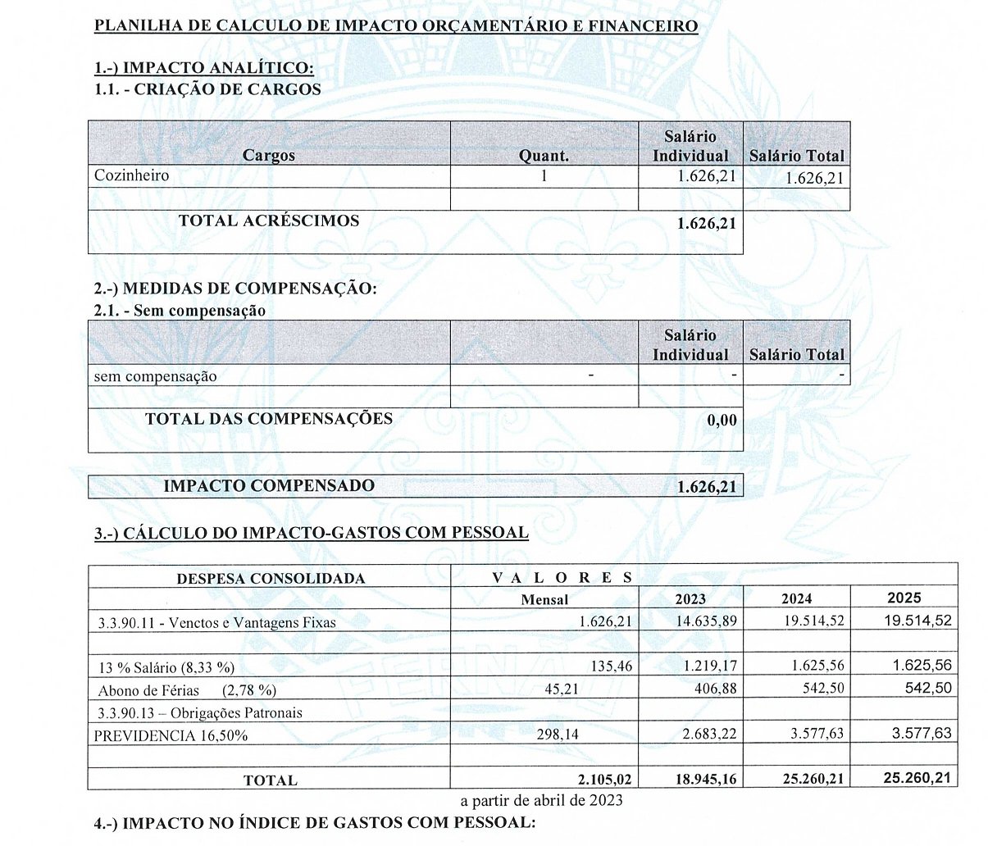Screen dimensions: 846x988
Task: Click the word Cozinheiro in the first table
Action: [131, 175]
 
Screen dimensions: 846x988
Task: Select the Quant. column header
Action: [544, 156]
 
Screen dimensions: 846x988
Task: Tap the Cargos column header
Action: [268, 156]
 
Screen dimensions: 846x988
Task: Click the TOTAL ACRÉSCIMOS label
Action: [269, 221]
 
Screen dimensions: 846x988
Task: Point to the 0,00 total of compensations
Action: [722, 421]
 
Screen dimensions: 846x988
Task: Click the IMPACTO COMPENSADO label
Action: [269, 485]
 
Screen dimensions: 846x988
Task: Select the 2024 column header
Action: [796, 599]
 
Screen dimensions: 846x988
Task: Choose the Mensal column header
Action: [544, 599]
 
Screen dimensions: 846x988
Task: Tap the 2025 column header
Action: [904, 598]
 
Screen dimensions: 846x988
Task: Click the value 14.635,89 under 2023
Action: [706, 621]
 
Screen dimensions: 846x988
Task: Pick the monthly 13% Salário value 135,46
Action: [611, 666]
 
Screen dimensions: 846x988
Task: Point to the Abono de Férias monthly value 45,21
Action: [561, 689]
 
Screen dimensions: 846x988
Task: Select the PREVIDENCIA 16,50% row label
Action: [171, 735]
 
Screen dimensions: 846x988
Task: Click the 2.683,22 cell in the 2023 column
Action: [709, 734]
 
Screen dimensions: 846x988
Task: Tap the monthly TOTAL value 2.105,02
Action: [604, 779]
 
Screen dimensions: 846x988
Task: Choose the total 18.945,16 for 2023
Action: [706, 779]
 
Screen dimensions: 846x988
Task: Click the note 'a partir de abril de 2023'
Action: [541, 800]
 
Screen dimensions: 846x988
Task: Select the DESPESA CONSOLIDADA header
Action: [271, 578]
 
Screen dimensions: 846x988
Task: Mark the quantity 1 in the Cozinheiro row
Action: [544, 175]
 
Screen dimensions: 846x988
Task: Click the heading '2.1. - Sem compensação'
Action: [180, 311]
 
